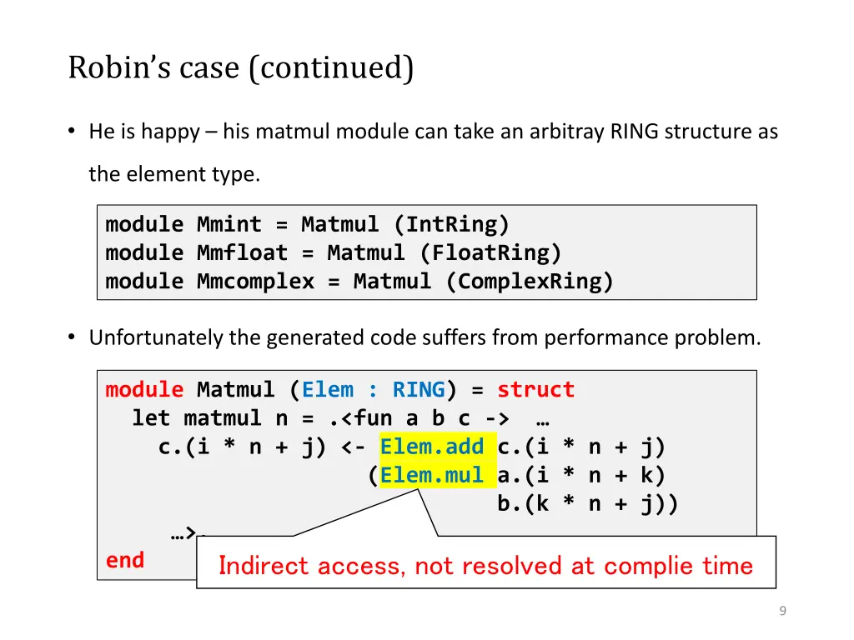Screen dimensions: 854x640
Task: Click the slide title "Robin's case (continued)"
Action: pos(240,67)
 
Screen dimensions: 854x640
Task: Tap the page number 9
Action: pos(782,611)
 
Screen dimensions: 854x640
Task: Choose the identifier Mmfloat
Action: pos(242,252)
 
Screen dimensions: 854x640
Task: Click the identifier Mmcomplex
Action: pos(255,281)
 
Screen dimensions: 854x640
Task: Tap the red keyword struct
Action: pos(535,390)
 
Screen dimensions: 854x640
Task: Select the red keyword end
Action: pos(125,560)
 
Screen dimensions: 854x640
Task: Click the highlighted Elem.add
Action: pos(431,447)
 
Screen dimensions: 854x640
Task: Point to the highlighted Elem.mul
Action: pos(431,475)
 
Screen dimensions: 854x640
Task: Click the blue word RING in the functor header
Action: pos(419,390)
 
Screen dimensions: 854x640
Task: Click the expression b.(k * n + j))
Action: pos(588,503)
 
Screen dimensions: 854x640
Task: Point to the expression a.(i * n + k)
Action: pos(581,475)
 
